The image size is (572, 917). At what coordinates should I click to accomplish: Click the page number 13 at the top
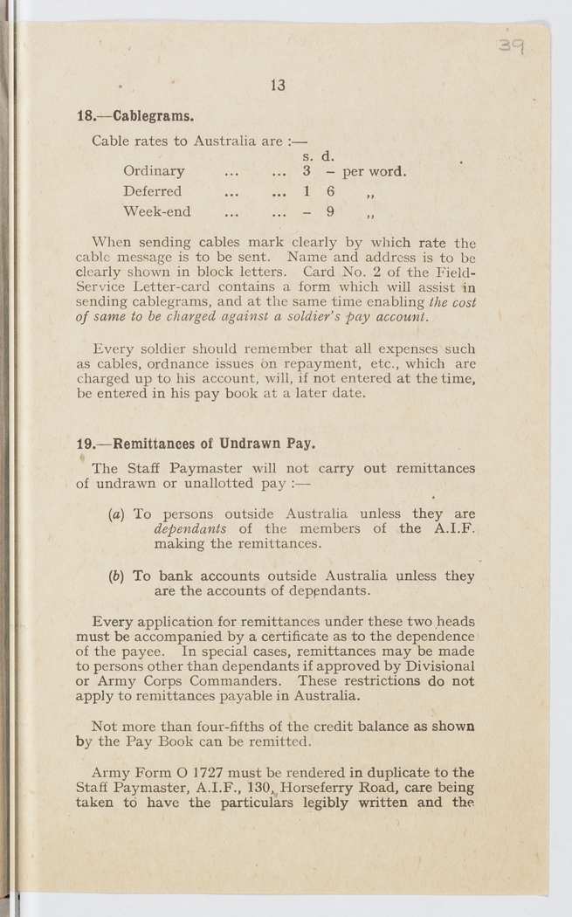click(x=279, y=85)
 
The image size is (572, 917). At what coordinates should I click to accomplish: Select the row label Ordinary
click(x=154, y=171)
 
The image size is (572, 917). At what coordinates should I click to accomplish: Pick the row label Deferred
click(x=153, y=191)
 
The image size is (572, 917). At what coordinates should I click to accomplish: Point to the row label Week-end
click(x=157, y=211)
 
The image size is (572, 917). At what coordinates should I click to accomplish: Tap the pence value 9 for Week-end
click(x=330, y=211)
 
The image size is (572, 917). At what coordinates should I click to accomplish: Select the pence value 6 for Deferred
click(x=330, y=191)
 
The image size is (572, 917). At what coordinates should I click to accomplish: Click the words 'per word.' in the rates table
click(x=375, y=171)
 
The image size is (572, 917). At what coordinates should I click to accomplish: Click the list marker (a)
click(x=116, y=514)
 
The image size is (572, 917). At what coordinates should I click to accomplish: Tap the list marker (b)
click(x=116, y=576)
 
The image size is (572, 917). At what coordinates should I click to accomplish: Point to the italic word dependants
click(x=190, y=529)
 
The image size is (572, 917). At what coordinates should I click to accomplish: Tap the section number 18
click(x=86, y=115)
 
